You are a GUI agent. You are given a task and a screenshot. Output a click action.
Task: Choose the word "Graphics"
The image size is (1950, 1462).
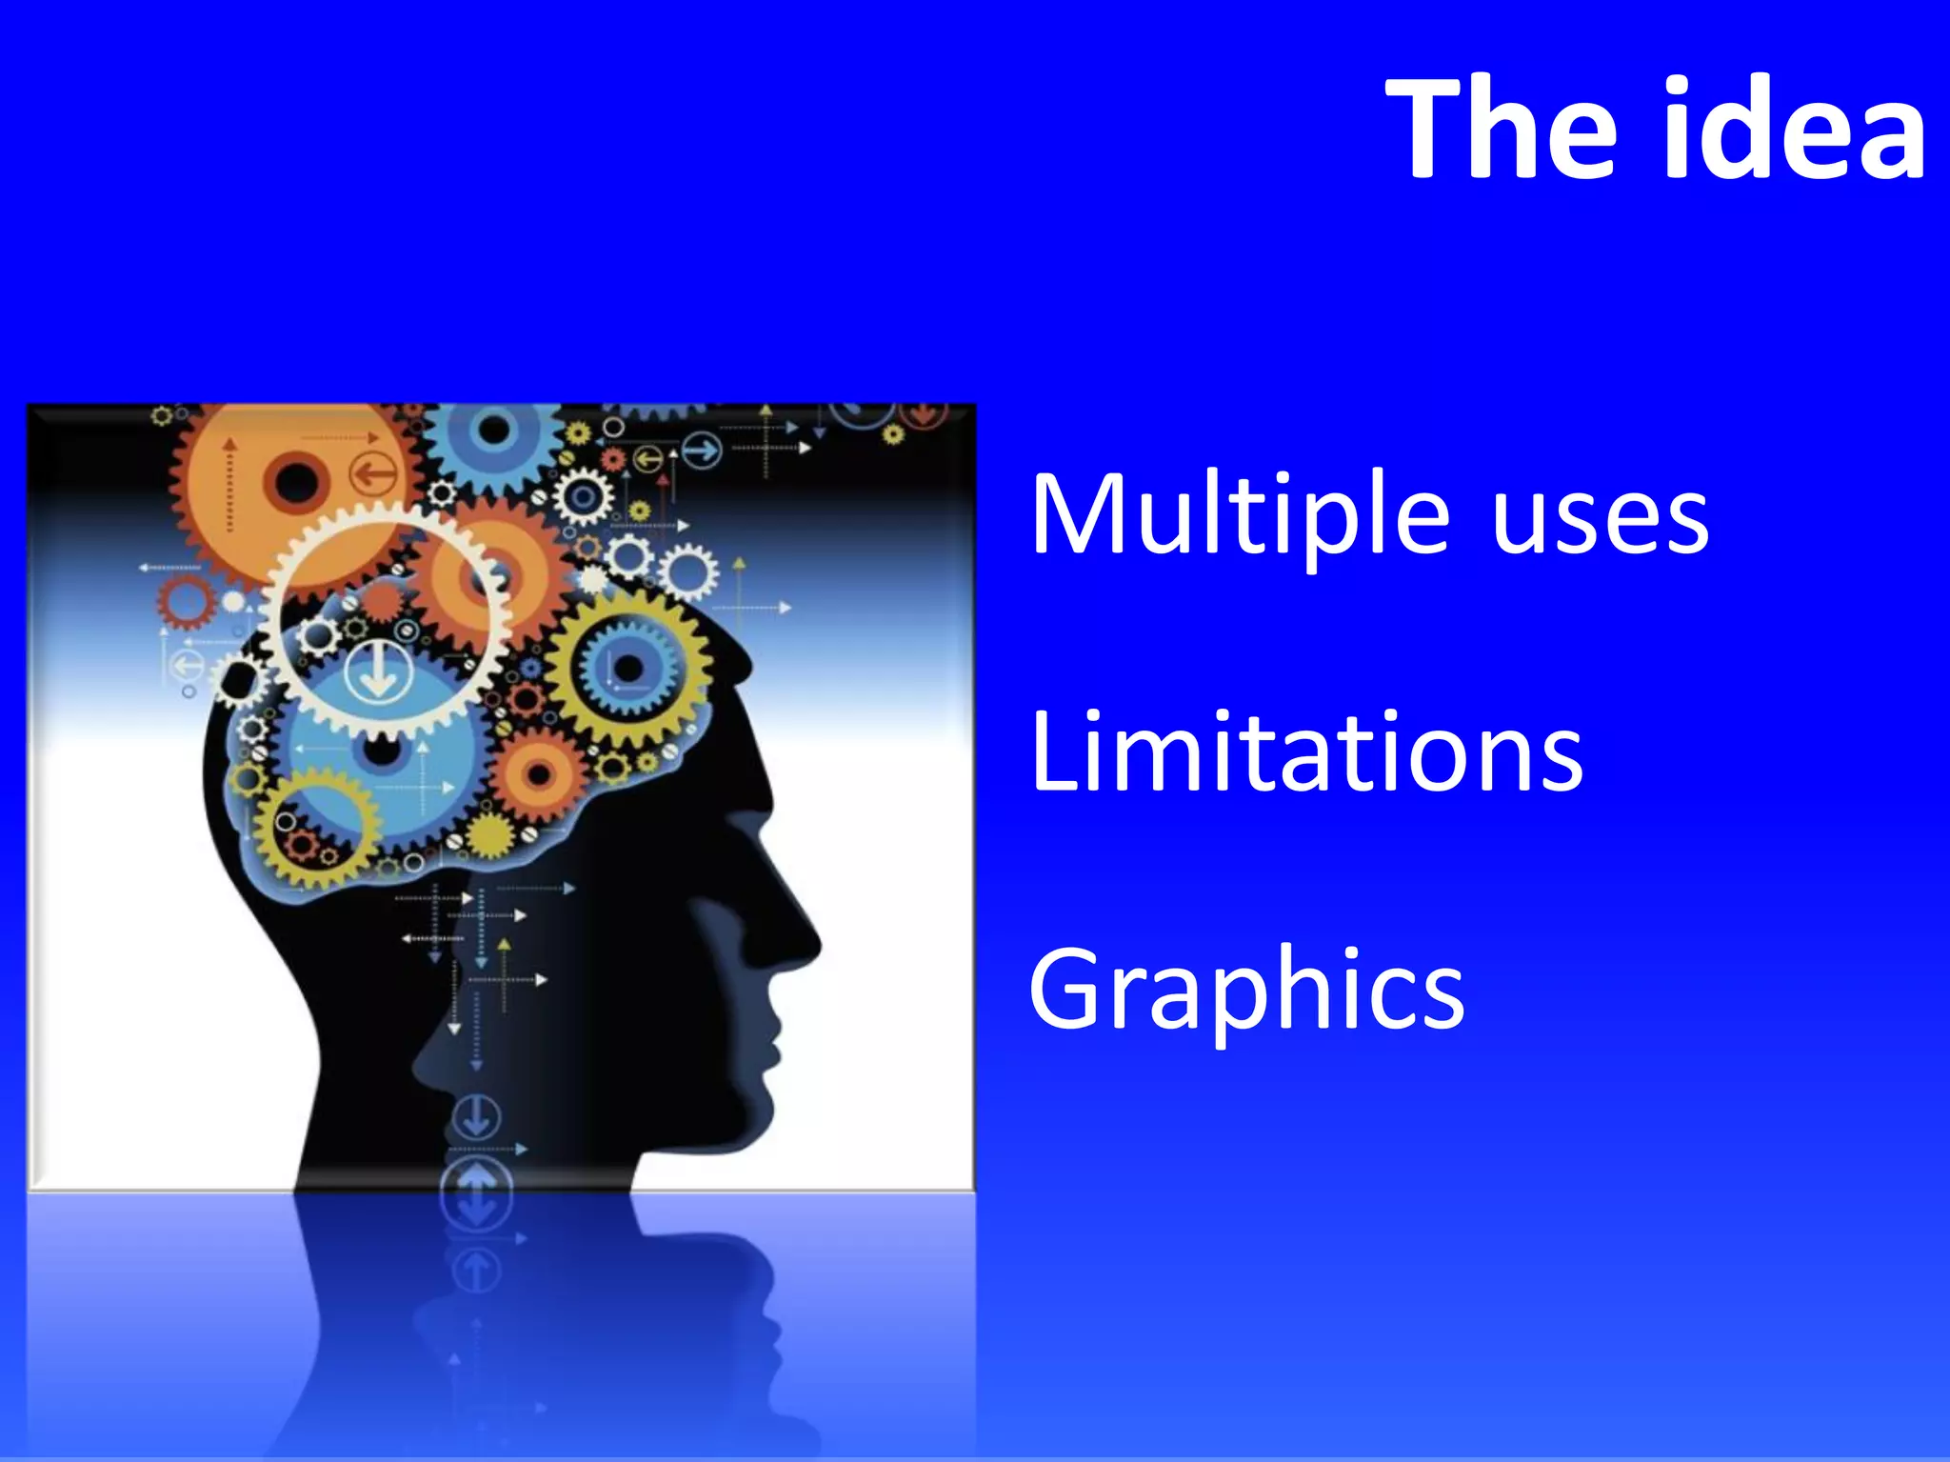[1246, 991]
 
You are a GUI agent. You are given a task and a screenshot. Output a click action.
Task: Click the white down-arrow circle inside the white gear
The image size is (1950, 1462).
[378, 671]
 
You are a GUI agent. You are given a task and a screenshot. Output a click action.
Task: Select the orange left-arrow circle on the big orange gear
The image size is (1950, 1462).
[373, 473]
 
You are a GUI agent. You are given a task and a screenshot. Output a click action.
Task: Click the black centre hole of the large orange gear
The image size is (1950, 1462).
[295, 482]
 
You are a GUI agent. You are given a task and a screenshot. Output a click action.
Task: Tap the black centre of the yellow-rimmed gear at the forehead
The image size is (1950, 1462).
[627, 668]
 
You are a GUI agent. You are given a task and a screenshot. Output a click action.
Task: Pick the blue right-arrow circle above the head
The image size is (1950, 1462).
[702, 450]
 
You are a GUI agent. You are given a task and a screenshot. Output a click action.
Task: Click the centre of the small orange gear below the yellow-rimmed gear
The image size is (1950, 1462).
[539, 773]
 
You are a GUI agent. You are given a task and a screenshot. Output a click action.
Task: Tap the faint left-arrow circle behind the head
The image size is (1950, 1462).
[185, 665]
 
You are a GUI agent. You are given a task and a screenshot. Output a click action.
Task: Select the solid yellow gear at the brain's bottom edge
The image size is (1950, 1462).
[491, 835]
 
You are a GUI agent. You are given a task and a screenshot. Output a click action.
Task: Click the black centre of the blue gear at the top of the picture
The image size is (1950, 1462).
[493, 431]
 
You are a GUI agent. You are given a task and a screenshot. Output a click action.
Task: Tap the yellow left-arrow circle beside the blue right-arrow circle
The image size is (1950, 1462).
[648, 460]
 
